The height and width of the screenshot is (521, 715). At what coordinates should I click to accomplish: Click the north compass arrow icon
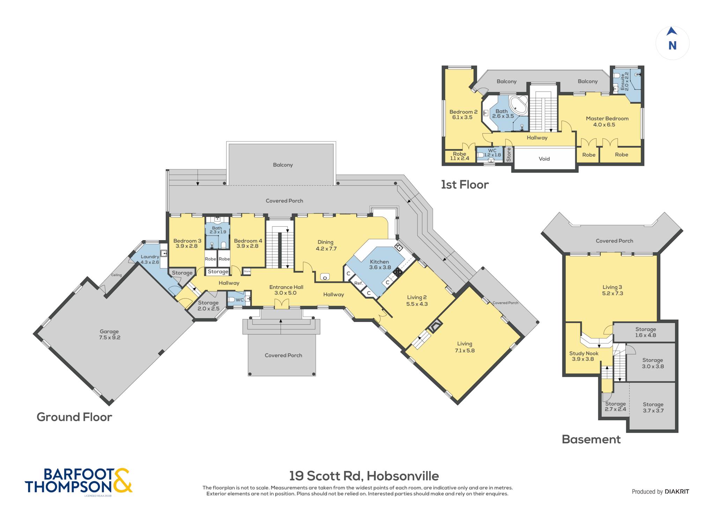(x=672, y=31)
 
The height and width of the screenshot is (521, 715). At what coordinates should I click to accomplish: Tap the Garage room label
(x=109, y=332)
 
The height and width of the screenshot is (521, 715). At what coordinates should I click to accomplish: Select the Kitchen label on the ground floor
(x=379, y=262)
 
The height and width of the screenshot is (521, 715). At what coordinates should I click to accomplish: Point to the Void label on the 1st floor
(x=544, y=159)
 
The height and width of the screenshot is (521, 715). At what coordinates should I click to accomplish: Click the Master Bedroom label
(x=607, y=119)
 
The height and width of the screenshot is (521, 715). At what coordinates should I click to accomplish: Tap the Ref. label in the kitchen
(x=359, y=283)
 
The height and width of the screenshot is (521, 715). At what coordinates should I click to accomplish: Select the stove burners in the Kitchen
(x=397, y=272)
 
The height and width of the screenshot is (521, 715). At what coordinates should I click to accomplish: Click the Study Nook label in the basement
(x=584, y=353)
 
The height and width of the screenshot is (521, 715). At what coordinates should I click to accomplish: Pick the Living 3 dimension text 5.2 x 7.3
(x=612, y=293)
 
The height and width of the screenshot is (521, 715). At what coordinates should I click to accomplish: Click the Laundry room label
(x=150, y=257)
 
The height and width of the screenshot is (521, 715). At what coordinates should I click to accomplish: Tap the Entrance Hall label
(x=286, y=287)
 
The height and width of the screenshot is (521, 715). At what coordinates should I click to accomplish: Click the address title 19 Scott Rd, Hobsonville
(x=364, y=476)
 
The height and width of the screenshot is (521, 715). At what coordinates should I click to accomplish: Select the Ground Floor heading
(x=74, y=417)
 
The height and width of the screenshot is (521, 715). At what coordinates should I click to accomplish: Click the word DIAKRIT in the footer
(x=677, y=492)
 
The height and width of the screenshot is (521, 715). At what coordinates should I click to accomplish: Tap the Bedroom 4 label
(x=248, y=241)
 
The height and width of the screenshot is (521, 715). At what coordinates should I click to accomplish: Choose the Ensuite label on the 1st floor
(x=622, y=82)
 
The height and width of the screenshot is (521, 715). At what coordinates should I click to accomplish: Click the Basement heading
(x=591, y=439)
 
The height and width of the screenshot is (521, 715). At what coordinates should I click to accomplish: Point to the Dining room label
(x=325, y=242)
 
